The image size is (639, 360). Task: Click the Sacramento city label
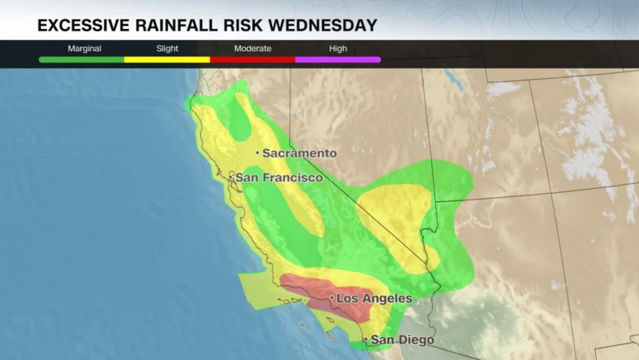pos(299,153)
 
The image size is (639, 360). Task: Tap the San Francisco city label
pos(279,177)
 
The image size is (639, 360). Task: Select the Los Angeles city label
pos(374,298)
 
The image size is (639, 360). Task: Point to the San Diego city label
pos(402,340)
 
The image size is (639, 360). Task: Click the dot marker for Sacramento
pos(257,153)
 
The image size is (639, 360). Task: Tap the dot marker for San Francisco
pos(231,177)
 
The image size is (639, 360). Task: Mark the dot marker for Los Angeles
pos(332,298)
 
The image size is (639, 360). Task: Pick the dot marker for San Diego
pos(366,340)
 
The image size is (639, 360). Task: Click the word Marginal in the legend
pos(85,48)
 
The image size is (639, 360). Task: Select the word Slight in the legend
pos(168,48)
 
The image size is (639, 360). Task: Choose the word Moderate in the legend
pos(253,48)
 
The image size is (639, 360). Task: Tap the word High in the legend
pos(338,48)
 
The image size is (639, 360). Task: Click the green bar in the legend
pos(81,59)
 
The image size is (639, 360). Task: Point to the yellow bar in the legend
pos(167,59)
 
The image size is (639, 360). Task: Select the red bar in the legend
pos(252,59)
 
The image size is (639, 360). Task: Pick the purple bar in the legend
pos(338,59)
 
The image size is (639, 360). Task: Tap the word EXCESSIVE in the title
pos(81,25)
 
